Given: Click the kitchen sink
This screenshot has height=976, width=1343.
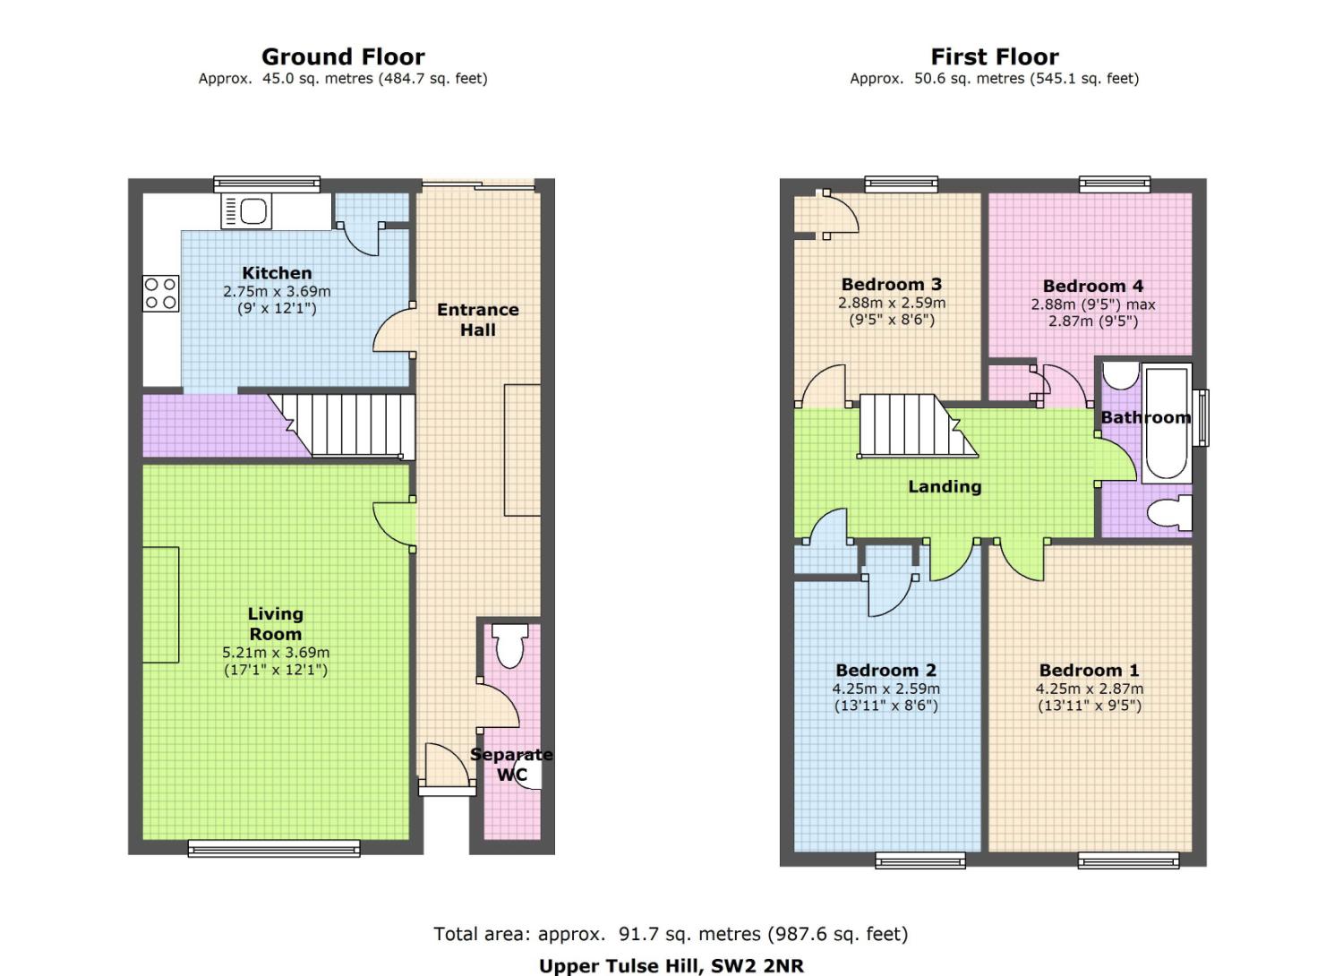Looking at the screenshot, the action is [x=246, y=211].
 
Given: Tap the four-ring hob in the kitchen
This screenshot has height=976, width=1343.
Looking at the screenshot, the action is [x=160, y=293].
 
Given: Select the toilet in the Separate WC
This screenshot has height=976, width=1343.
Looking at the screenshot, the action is [x=510, y=646].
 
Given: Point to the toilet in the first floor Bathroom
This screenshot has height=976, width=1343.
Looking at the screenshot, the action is [x=1169, y=512].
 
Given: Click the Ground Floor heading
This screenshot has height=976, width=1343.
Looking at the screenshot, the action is [x=343, y=57].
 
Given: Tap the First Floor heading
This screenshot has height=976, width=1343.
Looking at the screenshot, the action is [x=995, y=57].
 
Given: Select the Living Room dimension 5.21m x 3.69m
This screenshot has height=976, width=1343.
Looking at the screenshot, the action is [x=276, y=652].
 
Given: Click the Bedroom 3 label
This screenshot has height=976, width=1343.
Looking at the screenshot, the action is [x=892, y=284].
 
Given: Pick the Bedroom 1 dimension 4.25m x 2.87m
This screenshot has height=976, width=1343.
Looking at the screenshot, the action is [x=1090, y=689].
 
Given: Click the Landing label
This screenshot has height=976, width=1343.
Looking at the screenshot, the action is [x=945, y=486].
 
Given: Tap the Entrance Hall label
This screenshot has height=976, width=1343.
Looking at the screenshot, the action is [x=478, y=320].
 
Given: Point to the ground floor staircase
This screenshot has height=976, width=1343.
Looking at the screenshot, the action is [x=342, y=426].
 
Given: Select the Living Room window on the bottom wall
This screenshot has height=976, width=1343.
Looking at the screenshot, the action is [x=274, y=848].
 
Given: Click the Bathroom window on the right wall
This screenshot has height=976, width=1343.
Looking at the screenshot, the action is [x=1201, y=418].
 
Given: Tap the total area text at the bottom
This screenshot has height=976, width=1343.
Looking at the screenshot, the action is [x=671, y=934].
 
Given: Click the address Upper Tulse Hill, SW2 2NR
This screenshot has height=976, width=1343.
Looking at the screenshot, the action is [x=671, y=966].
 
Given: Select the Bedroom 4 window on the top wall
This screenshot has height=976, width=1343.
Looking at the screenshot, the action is [x=1115, y=184].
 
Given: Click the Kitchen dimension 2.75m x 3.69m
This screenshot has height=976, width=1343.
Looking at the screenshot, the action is [x=277, y=291].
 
